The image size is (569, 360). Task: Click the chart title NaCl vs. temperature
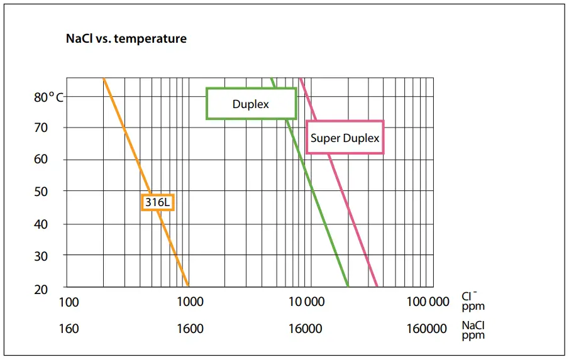pyautogui.click(x=126, y=39)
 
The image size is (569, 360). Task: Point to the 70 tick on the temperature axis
pyautogui.click(x=41, y=128)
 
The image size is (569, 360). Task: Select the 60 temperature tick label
pyautogui.click(x=41, y=160)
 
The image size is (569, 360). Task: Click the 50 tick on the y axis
pyautogui.click(x=41, y=191)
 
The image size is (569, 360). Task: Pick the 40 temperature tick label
pyautogui.click(x=41, y=224)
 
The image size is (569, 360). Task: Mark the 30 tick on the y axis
pyautogui.click(x=41, y=256)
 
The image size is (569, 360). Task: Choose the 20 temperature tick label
pyautogui.click(x=41, y=290)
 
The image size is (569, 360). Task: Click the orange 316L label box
pyautogui.click(x=157, y=202)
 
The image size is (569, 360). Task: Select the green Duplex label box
pyautogui.click(x=251, y=104)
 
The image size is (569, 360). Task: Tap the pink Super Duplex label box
pyautogui.click(x=345, y=138)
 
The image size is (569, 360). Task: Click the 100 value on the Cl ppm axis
pyautogui.click(x=69, y=302)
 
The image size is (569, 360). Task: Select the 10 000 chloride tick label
pyautogui.click(x=306, y=302)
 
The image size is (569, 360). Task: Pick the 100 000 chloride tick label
pyautogui.click(x=428, y=302)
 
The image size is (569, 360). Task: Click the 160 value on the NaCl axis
pyautogui.click(x=69, y=329)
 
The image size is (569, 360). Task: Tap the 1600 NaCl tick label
pyautogui.click(x=190, y=329)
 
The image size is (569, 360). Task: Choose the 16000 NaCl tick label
pyautogui.click(x=305, y=329)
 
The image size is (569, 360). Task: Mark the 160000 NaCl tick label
pyautogui.click(x=427, y=329)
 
